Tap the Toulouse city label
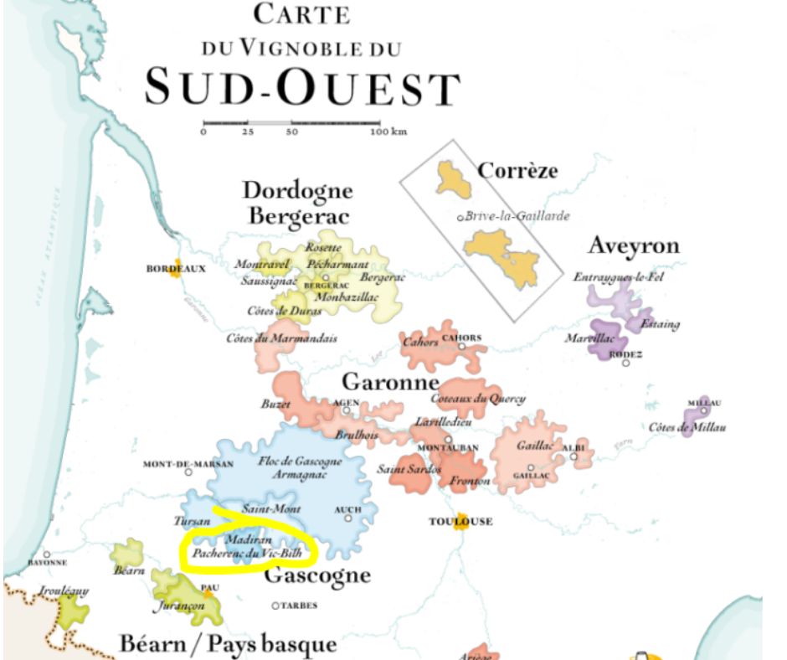tap(460, 522)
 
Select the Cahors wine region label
tap(420, 342)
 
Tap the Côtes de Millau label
tap(687, 428)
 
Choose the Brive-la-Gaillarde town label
tap(517, 216)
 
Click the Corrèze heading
tap(517, 172)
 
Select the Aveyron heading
tap(634, 245)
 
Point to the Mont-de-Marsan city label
tap(179, 464)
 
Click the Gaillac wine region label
tap(533, 446)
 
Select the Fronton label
tap(470, 482)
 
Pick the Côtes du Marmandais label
tap(281, 338)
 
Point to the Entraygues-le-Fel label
tap(618, 277)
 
